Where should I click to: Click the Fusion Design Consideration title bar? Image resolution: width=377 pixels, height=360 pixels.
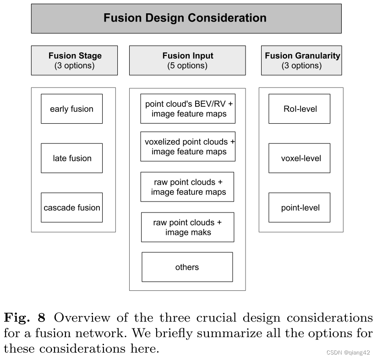click(186, 18)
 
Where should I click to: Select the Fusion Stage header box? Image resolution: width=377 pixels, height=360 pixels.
click(74, 60)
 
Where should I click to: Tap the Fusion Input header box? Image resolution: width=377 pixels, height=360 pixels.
click(187, 60)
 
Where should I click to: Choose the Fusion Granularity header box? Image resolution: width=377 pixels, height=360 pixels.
click(302, 60)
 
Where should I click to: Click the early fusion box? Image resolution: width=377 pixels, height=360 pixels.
click(71, 109)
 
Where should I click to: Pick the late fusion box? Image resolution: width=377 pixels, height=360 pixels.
click(71, 158)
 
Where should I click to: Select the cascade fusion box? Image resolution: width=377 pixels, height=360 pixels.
click(71, 207)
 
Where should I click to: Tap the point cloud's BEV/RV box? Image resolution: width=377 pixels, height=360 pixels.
click(188, 109)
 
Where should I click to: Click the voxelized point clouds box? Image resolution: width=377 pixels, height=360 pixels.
click(188, 147)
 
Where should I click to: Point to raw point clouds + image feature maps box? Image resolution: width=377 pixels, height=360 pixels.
click(187, 187)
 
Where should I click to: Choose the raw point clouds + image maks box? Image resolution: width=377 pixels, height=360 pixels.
click(187, 227)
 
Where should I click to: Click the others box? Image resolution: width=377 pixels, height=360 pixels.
click(187, 267)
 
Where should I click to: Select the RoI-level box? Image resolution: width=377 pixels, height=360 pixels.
click(299, 109)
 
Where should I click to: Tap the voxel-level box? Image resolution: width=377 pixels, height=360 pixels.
click(299, 158)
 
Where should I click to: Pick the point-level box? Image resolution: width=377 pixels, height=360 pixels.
click(299, 207)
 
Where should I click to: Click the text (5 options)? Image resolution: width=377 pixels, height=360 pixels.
click(187, 65)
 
